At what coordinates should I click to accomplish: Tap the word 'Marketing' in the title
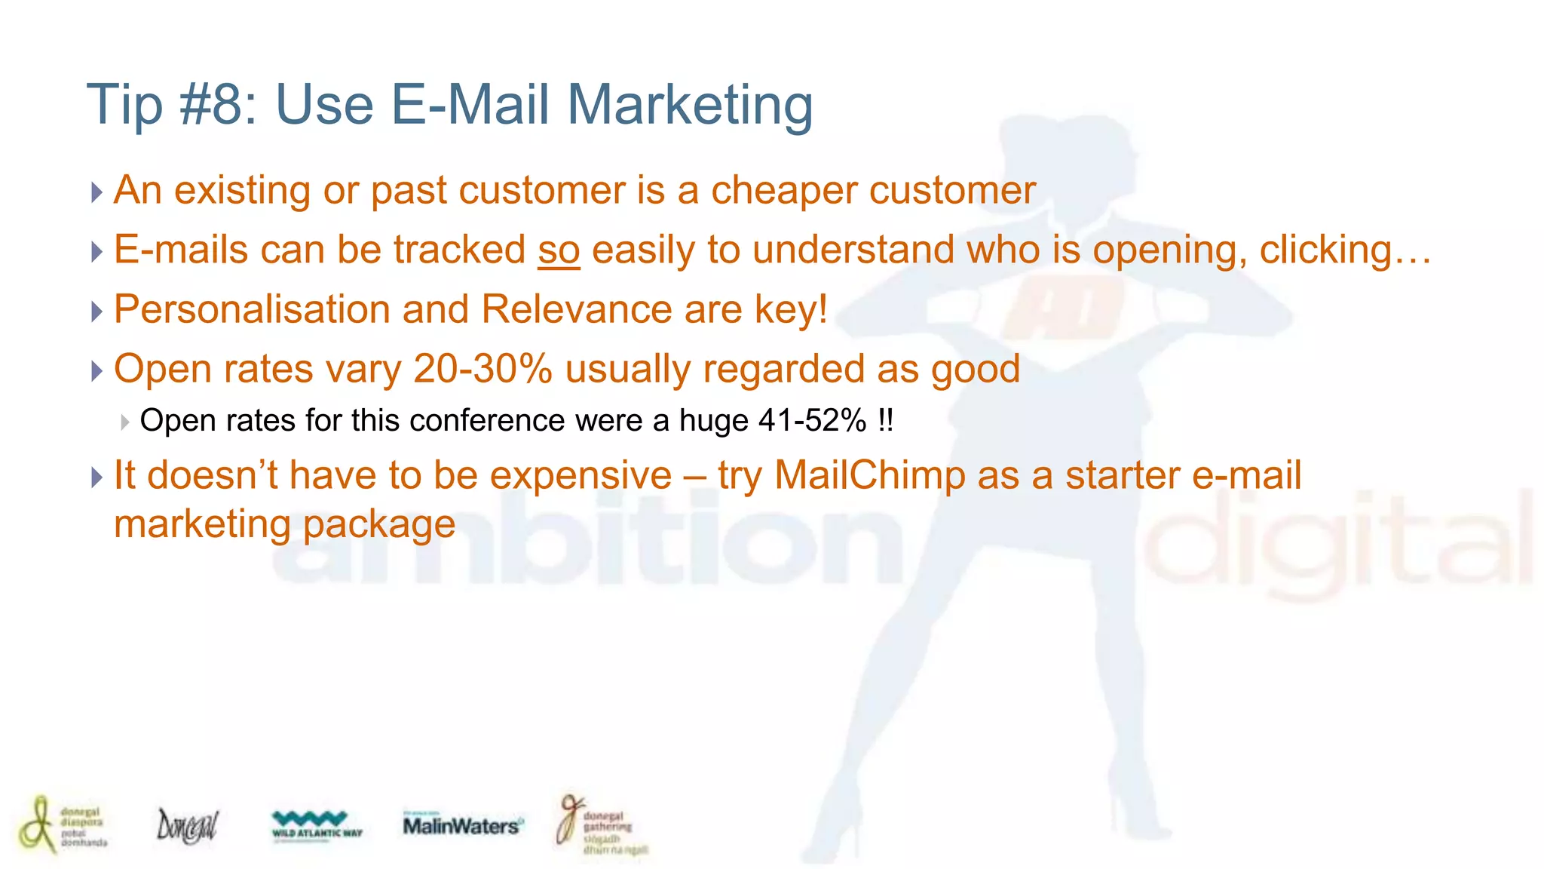coord(690,106)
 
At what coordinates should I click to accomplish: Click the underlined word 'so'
coord(559,250)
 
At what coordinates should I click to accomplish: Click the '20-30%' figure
coord(482,370)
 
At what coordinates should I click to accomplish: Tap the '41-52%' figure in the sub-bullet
coord(812,421)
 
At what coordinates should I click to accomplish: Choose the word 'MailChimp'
coord(869,476)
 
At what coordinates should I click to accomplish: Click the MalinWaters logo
coord(462,825)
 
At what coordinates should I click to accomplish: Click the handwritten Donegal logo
coord(187,825)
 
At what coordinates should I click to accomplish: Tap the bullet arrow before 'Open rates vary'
coord(96,371)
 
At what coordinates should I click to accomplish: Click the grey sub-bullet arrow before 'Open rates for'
coord(125,422)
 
